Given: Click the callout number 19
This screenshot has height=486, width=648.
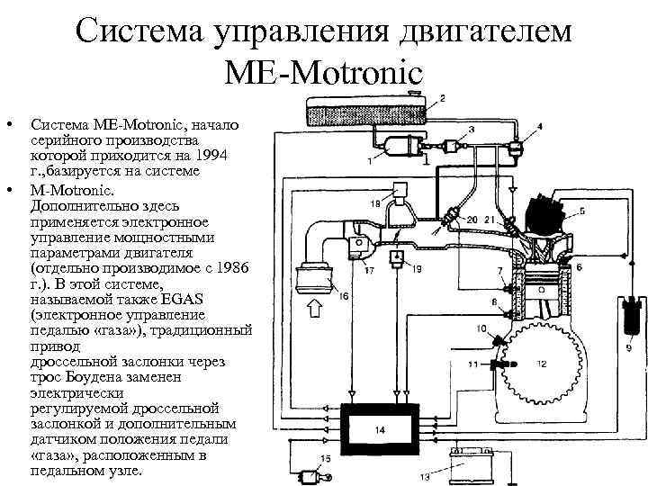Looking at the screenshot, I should pos(417,269).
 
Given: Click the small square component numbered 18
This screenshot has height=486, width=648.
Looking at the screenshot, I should pos(400,190).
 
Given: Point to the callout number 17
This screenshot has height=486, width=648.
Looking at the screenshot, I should pos(369,269).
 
